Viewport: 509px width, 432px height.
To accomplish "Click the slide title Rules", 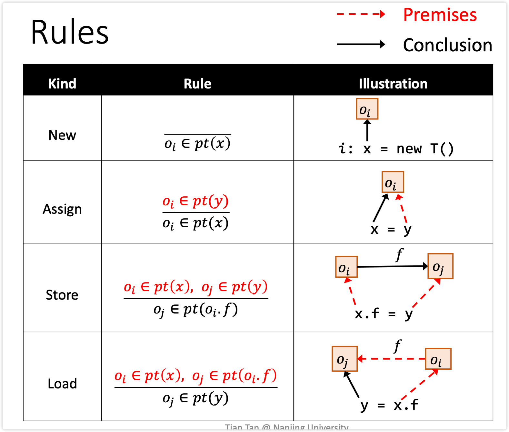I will tap(70, 32).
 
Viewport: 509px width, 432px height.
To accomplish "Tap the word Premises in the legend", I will tap(440, 15).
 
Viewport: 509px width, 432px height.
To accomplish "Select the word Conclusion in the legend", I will tap(447, 45).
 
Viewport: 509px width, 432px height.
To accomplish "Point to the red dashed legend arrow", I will tap(361, 14).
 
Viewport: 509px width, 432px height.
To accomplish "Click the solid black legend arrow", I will tap(361, 44).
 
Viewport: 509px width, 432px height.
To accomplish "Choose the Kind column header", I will tap(62, 84).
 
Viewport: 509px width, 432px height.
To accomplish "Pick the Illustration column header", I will tap(393, 84).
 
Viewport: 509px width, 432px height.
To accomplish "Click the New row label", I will tap(62, 135).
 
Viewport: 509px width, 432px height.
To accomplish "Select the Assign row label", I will tap(62, 209).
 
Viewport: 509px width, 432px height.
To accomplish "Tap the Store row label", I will tap(62, 295).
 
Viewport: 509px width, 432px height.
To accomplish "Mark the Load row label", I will tap(62, 384).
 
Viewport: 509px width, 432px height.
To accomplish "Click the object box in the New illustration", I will tap(367, 109).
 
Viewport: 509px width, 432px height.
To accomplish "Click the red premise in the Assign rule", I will tap(195, 201).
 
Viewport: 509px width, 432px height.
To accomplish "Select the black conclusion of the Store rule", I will tap(195, 310).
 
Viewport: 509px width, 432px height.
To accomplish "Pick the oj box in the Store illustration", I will tap(440, 266).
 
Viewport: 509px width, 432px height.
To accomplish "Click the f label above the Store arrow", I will tap(399, 254).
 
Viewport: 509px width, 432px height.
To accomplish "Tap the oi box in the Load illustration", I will tap(438, 359).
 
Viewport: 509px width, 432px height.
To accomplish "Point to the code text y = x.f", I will tap(389, 405).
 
